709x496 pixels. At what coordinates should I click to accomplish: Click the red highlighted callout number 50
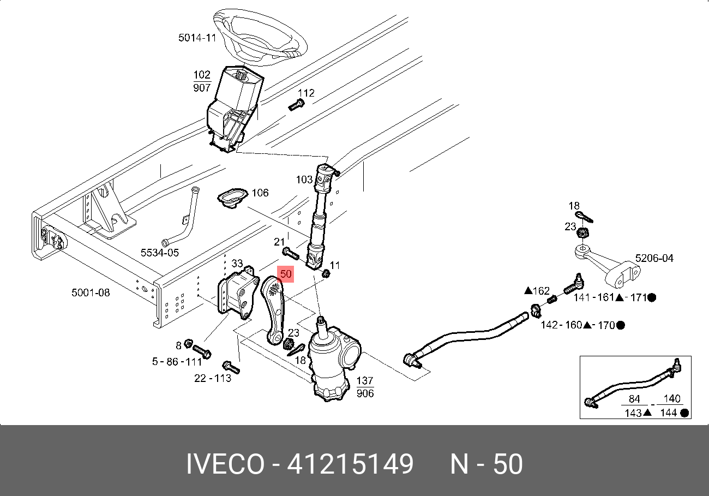(286, 274)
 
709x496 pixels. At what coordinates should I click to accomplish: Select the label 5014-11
(197, 38)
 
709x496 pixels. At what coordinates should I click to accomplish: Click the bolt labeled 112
(295, 104)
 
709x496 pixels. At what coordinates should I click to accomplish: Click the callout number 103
(304, 180)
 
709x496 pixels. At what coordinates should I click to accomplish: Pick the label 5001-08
(91, 293)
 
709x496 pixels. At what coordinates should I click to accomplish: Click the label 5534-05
(160, 253)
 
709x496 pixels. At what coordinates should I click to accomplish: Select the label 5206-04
(654, 258)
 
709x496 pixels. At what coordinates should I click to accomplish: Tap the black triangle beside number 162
(528, 291)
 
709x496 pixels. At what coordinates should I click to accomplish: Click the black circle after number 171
(652, 297)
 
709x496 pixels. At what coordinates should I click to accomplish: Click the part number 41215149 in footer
(350, 465)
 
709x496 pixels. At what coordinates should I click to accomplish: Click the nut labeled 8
(188, 344)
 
